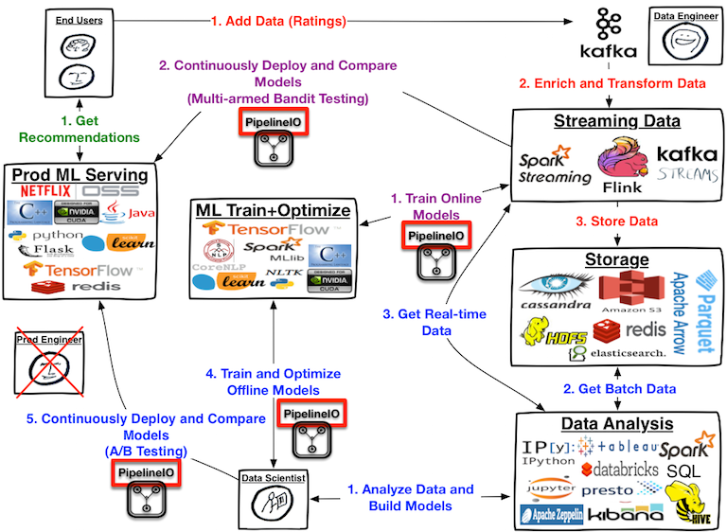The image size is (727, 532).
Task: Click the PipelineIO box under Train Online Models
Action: [426, 236]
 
